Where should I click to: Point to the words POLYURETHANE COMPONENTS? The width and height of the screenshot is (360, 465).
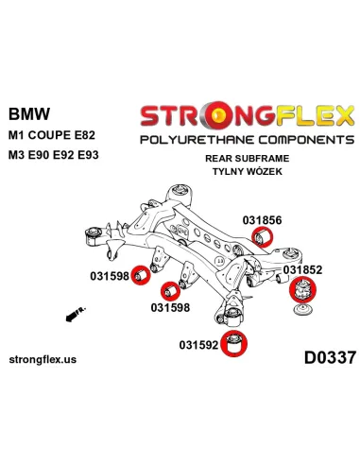(x=247, y=139)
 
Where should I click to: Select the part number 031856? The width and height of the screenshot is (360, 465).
(x=261, y=219)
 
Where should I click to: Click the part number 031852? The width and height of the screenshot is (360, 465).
(x=304, y=269)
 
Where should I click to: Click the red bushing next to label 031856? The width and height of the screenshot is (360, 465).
(x=266, y=234)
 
